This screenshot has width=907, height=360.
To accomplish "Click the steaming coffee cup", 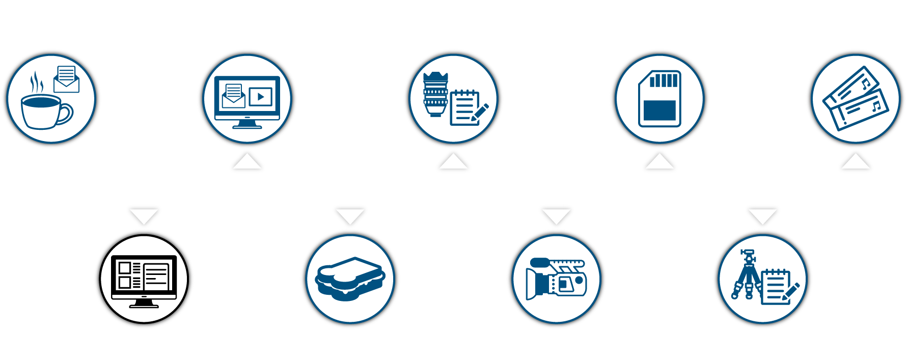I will (x=44, y=110).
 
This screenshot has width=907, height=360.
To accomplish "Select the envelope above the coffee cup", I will (x=67, y=80).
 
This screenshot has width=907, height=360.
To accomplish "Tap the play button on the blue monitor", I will (x=261, y=96).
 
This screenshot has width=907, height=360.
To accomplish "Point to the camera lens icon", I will (x=435, y=94).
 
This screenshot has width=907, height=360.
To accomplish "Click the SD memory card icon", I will (x=659, y=98).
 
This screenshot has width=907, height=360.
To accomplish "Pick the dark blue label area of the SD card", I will (x=659, y=110).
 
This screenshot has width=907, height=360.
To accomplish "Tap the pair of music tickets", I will (x=856, y=98).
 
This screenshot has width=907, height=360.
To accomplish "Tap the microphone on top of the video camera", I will (x=540, y=263).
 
